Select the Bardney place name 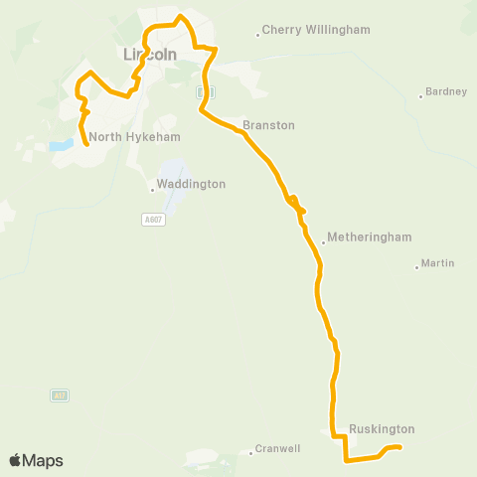click(x=445, y=91)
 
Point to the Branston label click(x=268, y=126)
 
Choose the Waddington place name click(x=192, y=184)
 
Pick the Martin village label click(x=437, y=263)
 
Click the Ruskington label click(x=381, y=429)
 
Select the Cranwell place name click(x=277, y=448)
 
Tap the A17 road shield click(x=59, y=395)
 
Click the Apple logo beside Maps click(x=15, y=460)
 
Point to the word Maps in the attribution click(x=43, y=460)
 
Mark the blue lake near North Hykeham click(x=62, y=145)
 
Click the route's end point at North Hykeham click(x=86, y=145)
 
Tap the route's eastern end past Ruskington click(x=398, y=449)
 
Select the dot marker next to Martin click(x=416, y=266)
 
